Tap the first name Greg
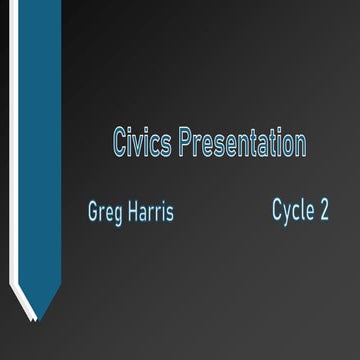(x=103, y=212)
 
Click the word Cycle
(x=292, y=210)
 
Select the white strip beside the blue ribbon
(x=15, y=150)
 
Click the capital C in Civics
(x=121, y=143)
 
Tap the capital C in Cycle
(x=277, y=209)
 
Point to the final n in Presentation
(x=300, y=145)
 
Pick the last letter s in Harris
(x=170, y=213)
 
